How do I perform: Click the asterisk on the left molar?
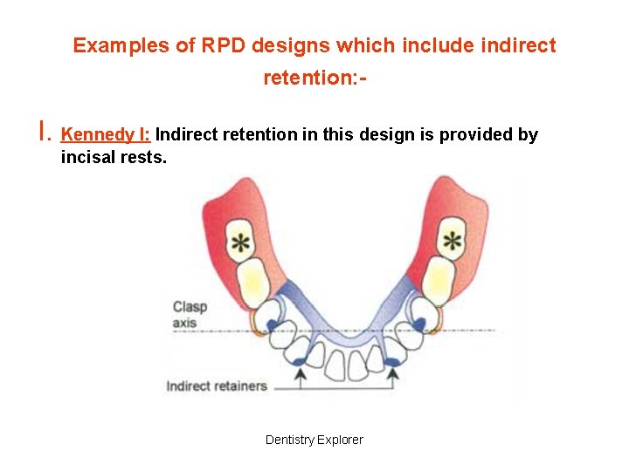click(238, 243)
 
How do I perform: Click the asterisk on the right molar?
click(452, 241)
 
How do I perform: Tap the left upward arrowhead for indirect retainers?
click(299, 372)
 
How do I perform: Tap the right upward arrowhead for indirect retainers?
click(392, 372)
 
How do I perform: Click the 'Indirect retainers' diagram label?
click(217, 386)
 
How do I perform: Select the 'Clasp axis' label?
click(189, 314)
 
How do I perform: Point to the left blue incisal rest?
click(299, 359)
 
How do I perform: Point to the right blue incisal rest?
click(392, 358)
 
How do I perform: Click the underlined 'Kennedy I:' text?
click(107, 134)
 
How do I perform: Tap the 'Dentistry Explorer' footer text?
click(314, 440)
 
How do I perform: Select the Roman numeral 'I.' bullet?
click(45, 133)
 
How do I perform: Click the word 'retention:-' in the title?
click(314, 78)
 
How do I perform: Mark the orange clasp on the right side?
click(438, 324)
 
